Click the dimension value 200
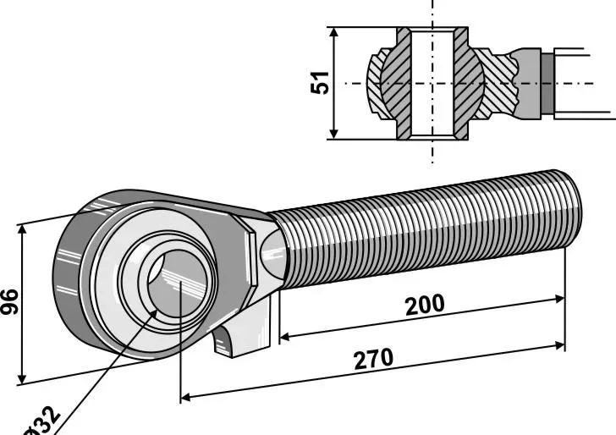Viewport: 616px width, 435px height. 425,305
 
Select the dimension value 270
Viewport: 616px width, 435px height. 373,358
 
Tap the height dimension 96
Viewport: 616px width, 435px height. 10,301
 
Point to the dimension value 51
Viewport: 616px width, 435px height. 319,83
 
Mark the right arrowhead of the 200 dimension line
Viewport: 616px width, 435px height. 559,300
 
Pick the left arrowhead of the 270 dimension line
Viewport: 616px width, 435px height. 185,397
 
